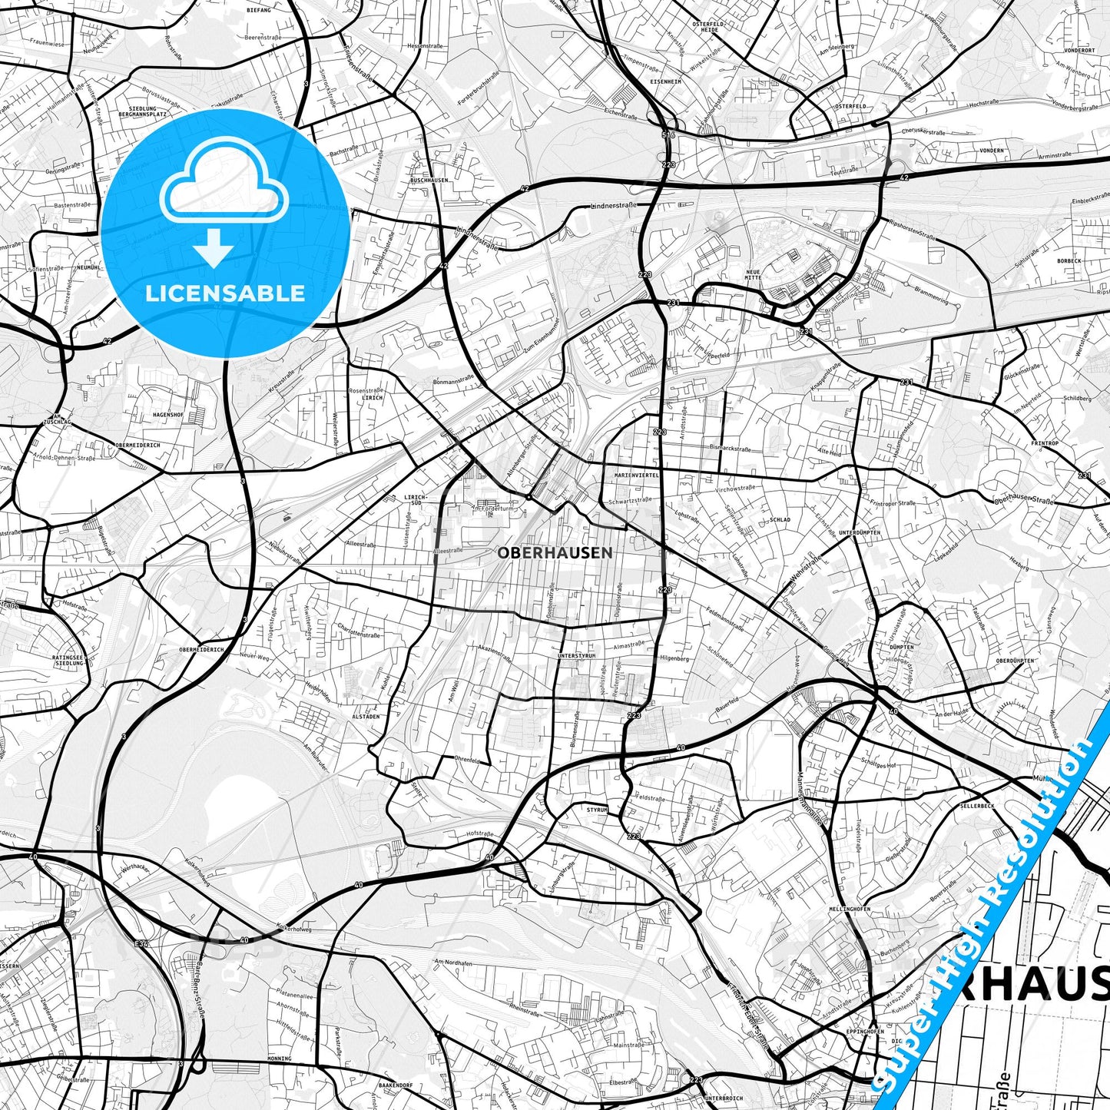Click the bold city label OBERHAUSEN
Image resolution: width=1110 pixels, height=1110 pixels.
(x=555, y=552)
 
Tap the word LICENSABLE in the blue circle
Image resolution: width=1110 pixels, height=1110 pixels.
(x=225, y=293)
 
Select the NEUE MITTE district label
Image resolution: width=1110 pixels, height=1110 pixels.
(x=754, y=274)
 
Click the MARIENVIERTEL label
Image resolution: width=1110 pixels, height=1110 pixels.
(x=636, y=475)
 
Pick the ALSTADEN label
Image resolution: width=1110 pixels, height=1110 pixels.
(x=366, y=716)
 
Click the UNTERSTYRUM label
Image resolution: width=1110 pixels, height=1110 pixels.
(x=577, y=655)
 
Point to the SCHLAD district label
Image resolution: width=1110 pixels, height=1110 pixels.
(x=779, y=519)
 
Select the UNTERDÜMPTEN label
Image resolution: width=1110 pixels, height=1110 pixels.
(x=859, y=532)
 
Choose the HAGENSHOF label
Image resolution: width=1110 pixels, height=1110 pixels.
(x=168, y=414)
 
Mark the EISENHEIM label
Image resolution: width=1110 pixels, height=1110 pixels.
(x=665, y=81)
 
